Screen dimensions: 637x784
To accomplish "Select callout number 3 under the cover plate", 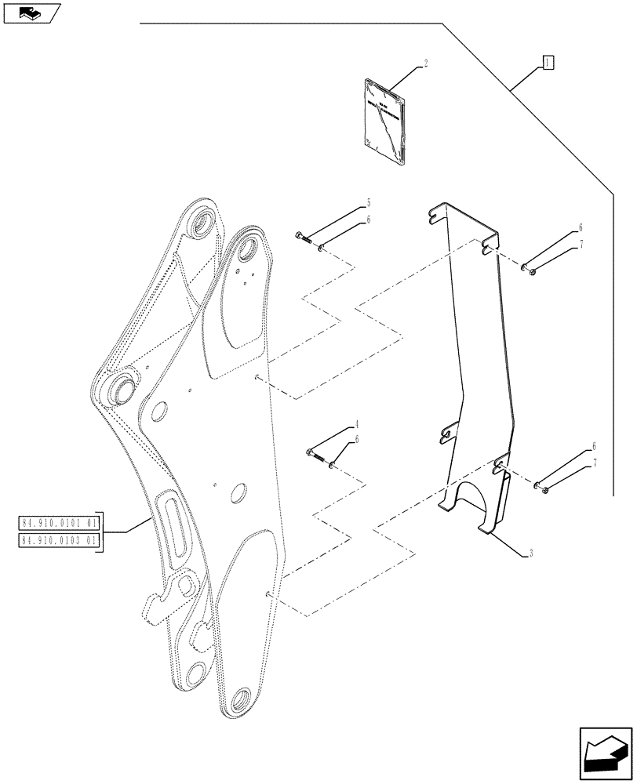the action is [x=531, y=554].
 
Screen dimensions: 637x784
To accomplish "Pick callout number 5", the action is [x=367, y=204].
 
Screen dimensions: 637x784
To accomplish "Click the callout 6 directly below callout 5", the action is [x=367, y=220].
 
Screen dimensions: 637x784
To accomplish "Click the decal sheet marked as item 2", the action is [x=384, y=121].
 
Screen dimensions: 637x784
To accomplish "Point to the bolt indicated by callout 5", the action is [x=304, y=237].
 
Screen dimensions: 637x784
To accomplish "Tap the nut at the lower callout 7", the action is [x=542, y=492].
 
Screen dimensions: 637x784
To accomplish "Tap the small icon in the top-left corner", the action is [x=31, y=13].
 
